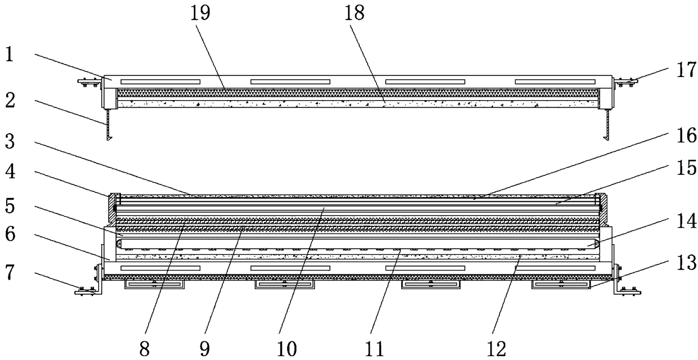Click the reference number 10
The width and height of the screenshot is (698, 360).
click(287, 349)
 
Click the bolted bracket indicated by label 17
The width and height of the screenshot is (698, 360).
click(625, 82)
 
